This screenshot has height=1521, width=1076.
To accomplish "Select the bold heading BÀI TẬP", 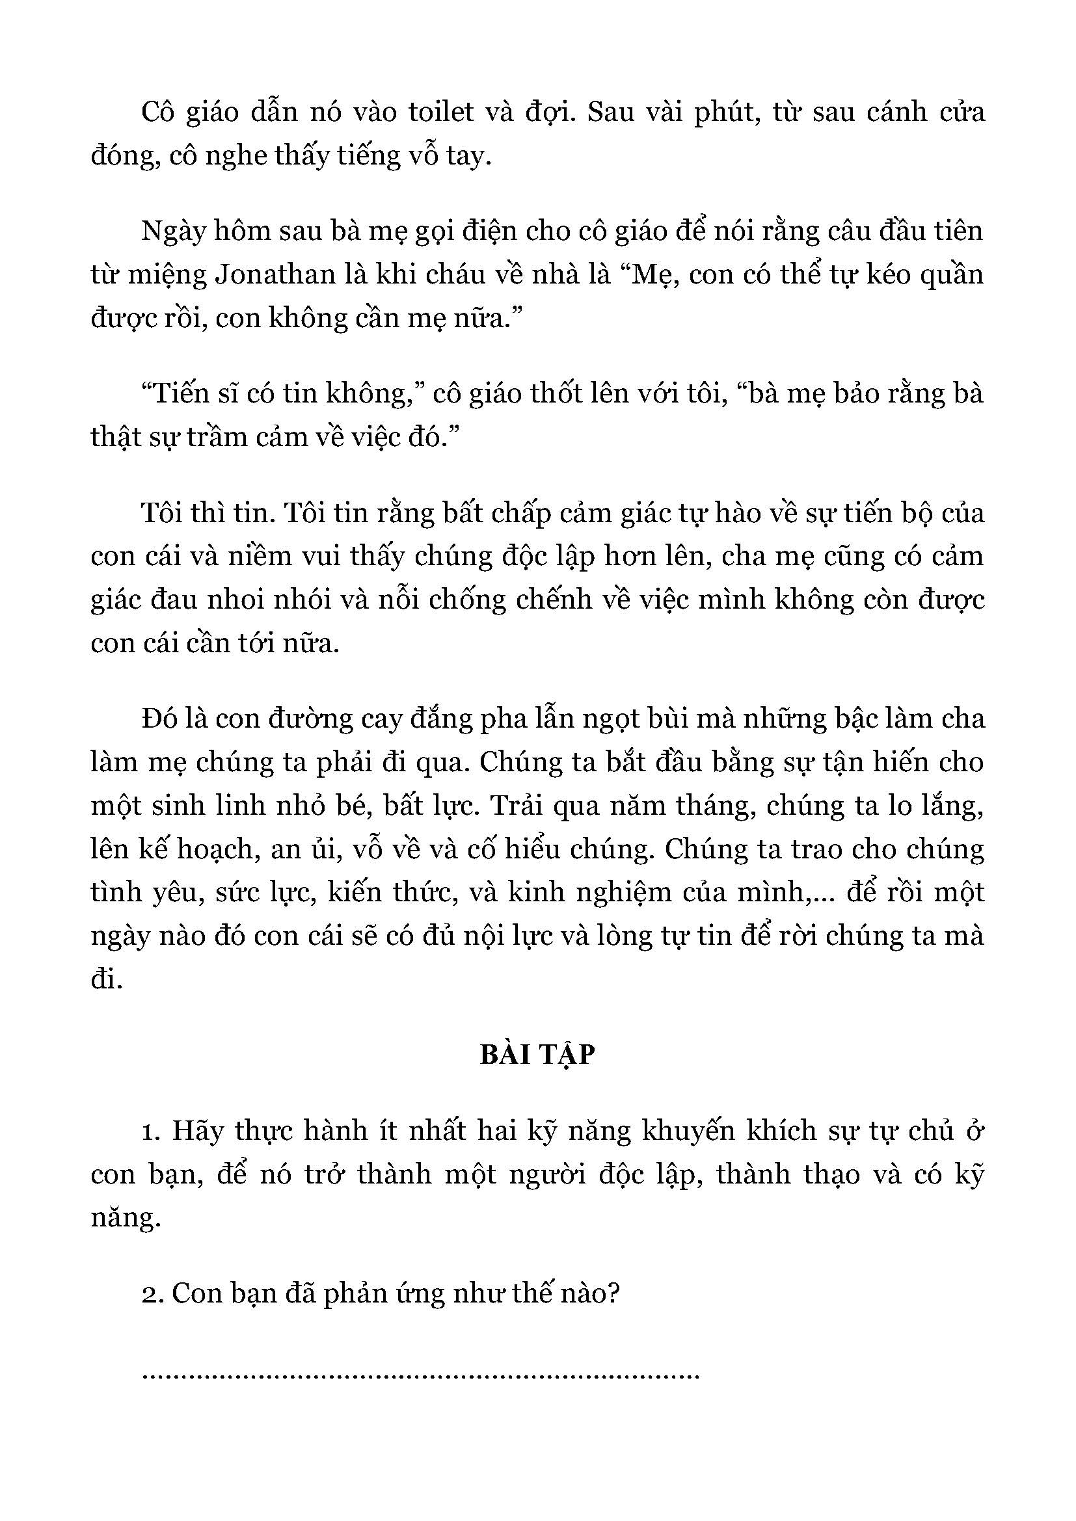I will tap(537, 1055).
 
